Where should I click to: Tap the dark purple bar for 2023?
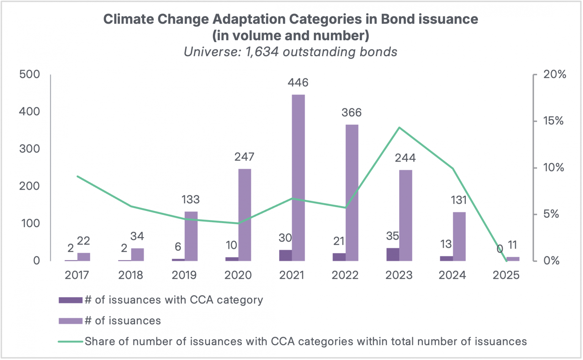[x=393, y=255]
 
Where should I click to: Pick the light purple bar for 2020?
[x=245, y=215]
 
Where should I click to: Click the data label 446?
[x=298, y=82]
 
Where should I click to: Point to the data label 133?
[x=191, y=200]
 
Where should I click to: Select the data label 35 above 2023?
[x=393, y=236]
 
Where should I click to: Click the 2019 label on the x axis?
[x=184, y=275]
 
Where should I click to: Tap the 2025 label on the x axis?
[x=506, y=275]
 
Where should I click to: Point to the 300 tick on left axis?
[x=30, y=149]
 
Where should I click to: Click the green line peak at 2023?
[x=399, y=127]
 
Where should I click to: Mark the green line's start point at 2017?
[x=77, y=176]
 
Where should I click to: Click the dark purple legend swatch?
[x=70, y=300]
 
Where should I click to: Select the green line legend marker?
[x=70, y=341]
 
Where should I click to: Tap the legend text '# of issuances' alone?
[x=123, y=321]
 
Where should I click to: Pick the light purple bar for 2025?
[x=513, y=259]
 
